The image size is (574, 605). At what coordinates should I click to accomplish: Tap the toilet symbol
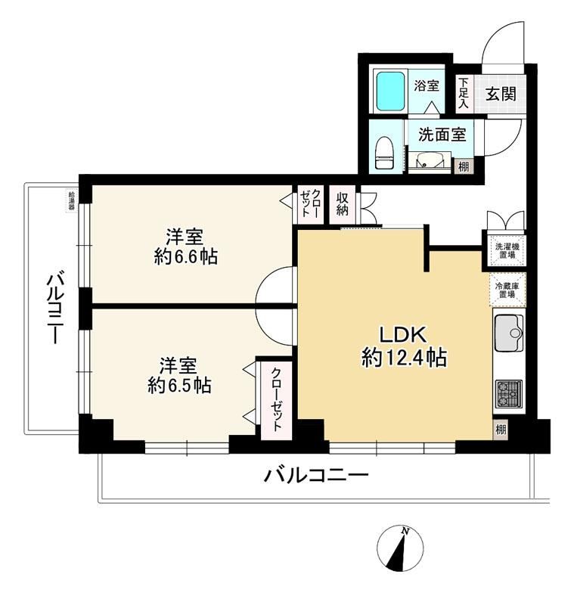(x=384, y=153)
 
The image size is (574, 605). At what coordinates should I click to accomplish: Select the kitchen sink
(x=508, y=333)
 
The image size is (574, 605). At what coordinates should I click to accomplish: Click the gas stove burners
(x=508, y=394)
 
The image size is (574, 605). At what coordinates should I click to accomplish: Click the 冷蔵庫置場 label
(x=507, y=290)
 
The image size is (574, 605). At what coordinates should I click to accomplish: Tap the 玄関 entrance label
(x=501, y=93)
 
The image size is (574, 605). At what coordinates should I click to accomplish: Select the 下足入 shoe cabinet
(x=464, y=93)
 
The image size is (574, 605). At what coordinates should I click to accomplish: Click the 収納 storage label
(x=342, y=203)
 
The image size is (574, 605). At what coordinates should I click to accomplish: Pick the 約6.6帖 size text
(x=185, y=256)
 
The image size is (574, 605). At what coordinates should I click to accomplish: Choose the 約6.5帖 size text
(x=179, y=385)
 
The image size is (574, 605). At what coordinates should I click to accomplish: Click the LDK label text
(x=403, y=334)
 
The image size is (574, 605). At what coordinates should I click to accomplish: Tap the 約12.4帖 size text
(x=404, y=358)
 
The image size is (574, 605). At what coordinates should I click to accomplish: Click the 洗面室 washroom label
(x=442, y=135)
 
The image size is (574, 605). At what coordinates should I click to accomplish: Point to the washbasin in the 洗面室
(x=430, y=161)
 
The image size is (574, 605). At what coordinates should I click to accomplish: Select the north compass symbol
(x=400, y=547)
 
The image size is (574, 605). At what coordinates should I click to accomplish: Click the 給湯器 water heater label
(x=71, y=200)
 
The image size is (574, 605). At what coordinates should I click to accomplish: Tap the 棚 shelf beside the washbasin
(x=464, y=166)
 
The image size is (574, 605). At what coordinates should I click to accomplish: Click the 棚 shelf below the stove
(x=501, y=429)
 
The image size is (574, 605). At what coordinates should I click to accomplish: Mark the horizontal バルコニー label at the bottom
(x=316, y=476)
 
